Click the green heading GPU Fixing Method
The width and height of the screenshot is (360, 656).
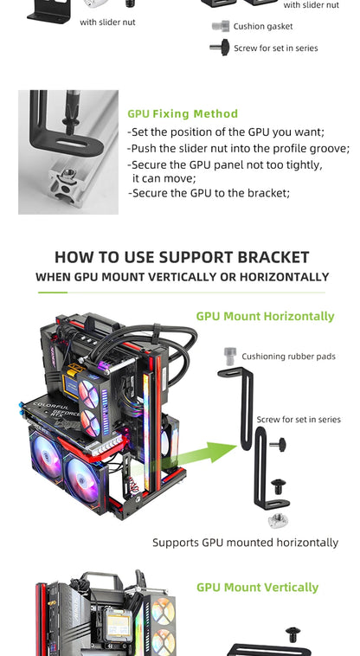183,113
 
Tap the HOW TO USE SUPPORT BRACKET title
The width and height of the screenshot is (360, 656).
182,257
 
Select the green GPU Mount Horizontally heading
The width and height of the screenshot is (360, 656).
265,316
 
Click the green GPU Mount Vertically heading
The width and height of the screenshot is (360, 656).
257,587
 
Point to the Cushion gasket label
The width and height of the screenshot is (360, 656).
263,27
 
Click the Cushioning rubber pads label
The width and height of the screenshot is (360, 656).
288,357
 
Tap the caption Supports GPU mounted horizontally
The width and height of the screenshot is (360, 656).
245,543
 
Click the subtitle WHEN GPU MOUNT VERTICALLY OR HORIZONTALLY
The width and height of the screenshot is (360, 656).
182,277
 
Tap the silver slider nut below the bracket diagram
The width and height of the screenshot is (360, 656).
278,519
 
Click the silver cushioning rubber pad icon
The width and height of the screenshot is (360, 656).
230,355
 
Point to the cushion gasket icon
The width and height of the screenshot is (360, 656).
220,27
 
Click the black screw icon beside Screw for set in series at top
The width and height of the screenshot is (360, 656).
219,48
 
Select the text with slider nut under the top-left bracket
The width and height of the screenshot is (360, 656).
107,22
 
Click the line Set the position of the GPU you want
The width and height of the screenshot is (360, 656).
226,132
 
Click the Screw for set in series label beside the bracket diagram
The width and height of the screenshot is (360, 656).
299,420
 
